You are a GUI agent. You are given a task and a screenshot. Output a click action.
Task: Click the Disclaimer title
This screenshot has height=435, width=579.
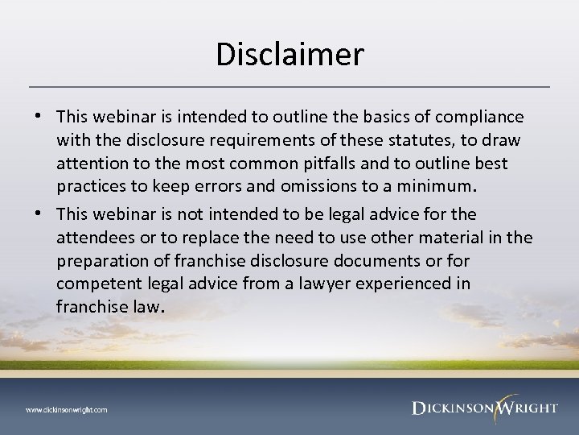point(289,55)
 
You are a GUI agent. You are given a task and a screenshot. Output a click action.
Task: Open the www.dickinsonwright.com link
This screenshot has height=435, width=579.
point(67,410)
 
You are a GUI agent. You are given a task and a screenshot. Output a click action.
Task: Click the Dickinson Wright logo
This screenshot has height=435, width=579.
point(483,407)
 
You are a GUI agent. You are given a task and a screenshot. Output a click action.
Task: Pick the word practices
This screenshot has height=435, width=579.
point(89,188)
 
